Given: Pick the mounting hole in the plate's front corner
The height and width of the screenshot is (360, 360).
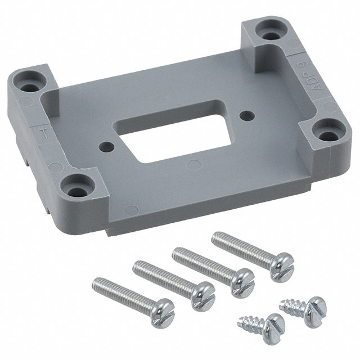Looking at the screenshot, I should click(78, 184).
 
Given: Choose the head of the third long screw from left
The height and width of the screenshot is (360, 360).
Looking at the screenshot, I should click(242, 278).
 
